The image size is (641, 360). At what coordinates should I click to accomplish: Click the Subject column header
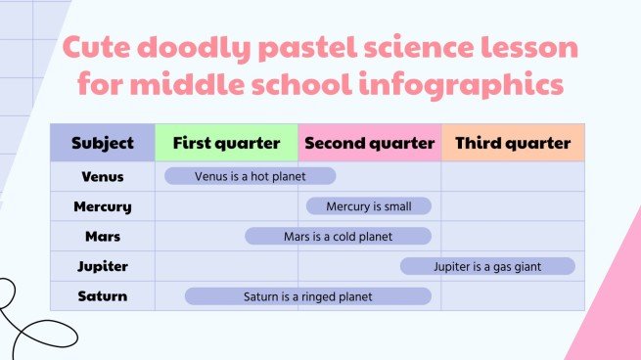[103, 143]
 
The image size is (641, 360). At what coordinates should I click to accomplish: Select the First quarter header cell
[226, 143]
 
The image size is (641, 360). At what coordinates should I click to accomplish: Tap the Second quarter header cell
[369, 143]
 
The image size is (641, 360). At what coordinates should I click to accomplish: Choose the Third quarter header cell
[513, 143]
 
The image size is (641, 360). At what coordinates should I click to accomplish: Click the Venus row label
[103, 176]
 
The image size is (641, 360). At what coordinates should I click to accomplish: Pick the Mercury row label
[103, 206]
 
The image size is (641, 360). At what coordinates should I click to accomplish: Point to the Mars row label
[103, 236]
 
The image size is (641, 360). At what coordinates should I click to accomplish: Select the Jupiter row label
[103, 266]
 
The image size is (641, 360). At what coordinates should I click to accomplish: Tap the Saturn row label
[103, 295]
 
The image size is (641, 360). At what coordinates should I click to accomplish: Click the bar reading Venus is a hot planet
[250, 176]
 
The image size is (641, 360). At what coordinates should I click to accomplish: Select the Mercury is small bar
[368, 206]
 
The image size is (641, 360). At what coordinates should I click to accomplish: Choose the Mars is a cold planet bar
[338, 236]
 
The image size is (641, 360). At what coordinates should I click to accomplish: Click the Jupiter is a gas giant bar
[487, 266]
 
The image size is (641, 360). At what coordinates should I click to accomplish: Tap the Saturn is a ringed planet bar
[307, 295]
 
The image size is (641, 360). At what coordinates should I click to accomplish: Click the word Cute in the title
[105, 48]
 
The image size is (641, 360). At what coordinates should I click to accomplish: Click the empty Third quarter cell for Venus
[513, 176]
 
